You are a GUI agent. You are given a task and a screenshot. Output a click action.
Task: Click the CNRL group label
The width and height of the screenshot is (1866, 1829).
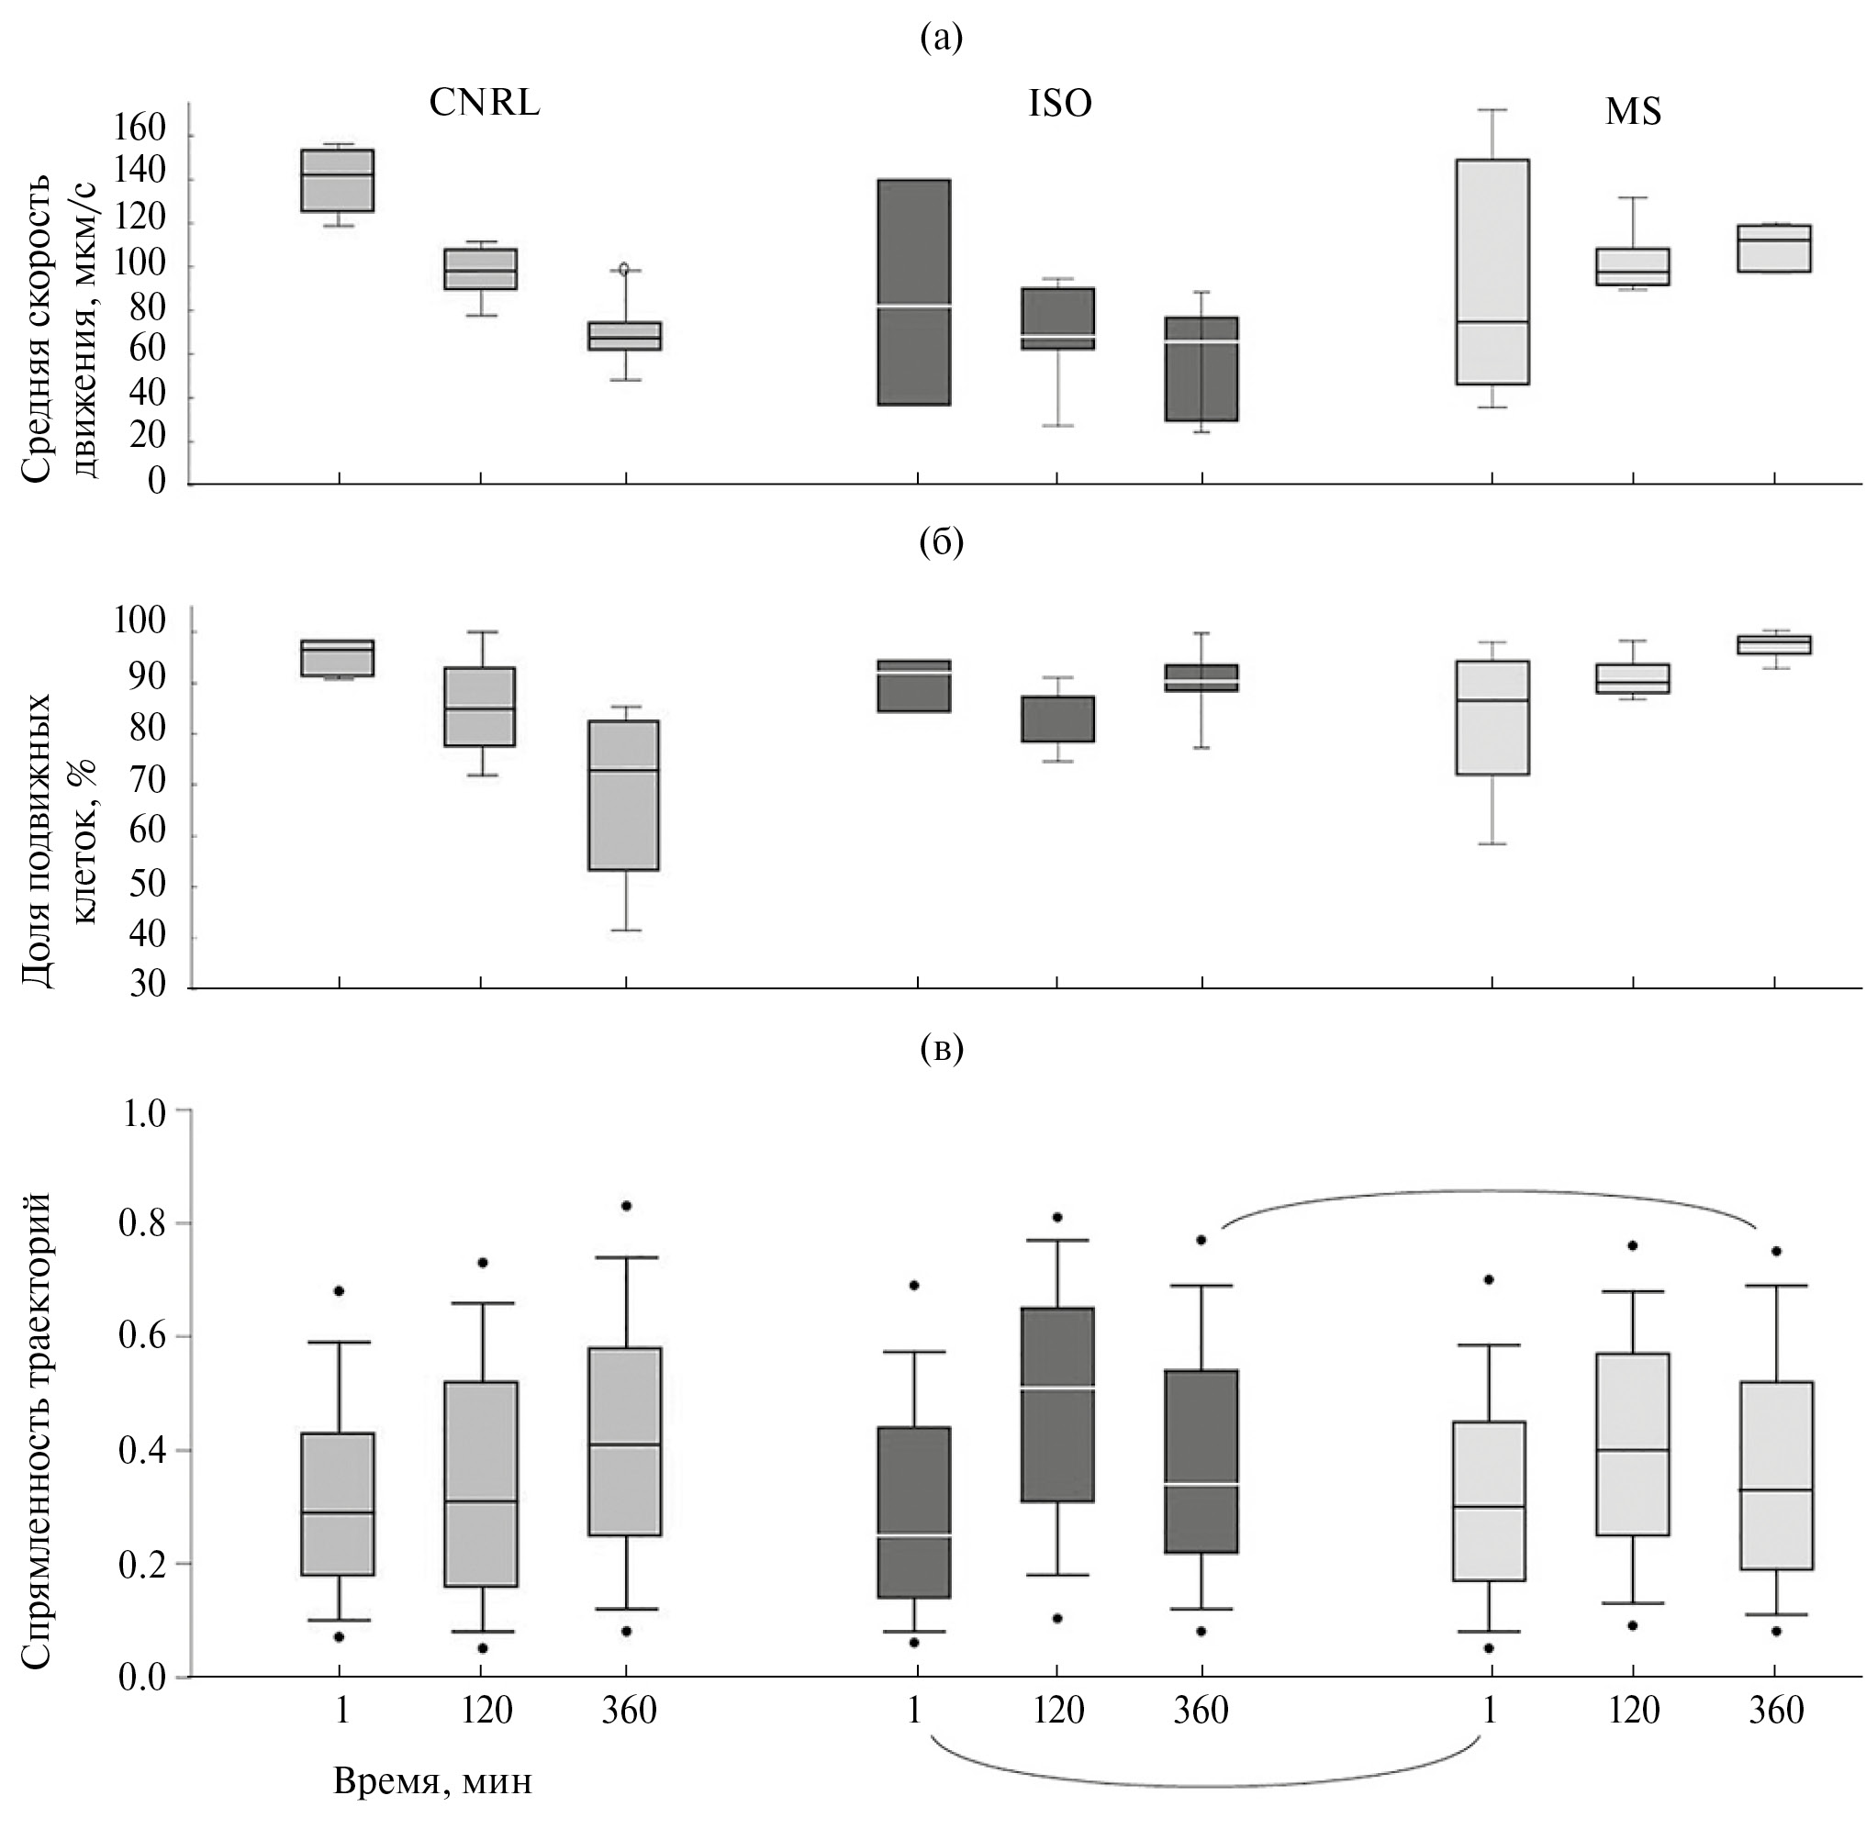(485, 103)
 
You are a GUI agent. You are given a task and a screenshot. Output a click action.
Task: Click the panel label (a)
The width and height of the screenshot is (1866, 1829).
(940, 39)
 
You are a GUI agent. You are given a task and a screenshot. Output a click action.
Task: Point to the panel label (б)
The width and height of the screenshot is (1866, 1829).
(940, 542)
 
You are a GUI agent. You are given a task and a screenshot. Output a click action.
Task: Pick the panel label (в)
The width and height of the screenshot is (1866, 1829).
(940, 1049)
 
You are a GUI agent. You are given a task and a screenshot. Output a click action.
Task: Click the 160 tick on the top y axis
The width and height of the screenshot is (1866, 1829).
(141, 129)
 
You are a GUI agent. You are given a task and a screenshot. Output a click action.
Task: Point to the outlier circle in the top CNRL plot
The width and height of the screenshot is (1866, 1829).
(623, 269)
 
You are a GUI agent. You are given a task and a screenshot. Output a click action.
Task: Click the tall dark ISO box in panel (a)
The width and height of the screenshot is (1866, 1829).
(914, 292)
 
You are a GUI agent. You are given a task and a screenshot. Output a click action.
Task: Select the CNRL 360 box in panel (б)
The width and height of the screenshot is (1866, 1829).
(623, 795)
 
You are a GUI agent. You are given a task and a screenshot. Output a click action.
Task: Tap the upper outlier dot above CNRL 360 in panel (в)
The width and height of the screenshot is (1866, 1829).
(626, 1206)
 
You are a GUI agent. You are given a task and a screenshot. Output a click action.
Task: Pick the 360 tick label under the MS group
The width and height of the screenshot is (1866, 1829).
(1776, 1711)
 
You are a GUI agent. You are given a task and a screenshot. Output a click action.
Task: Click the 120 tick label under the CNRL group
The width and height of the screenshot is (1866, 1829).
(486, 1711)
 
